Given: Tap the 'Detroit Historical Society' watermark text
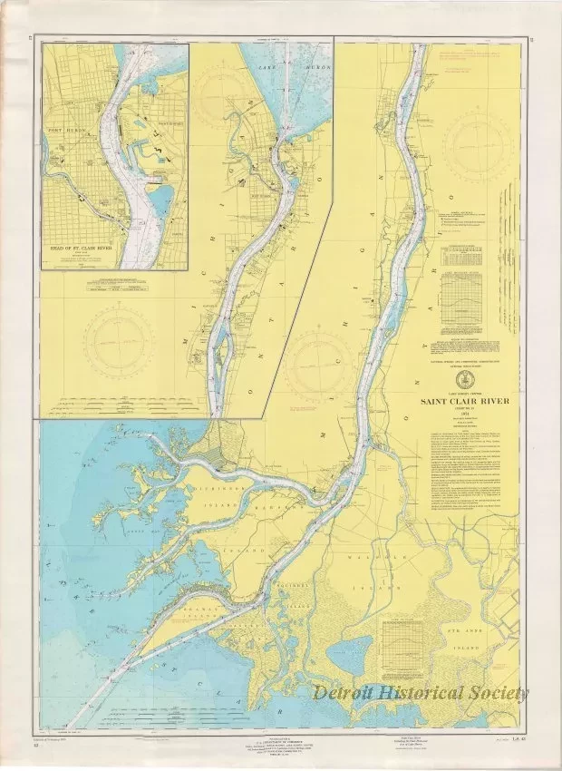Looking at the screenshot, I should pyautogui.click(x=421, y=693).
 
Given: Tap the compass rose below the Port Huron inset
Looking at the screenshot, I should pyautogui.click(x=115, y=346).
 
